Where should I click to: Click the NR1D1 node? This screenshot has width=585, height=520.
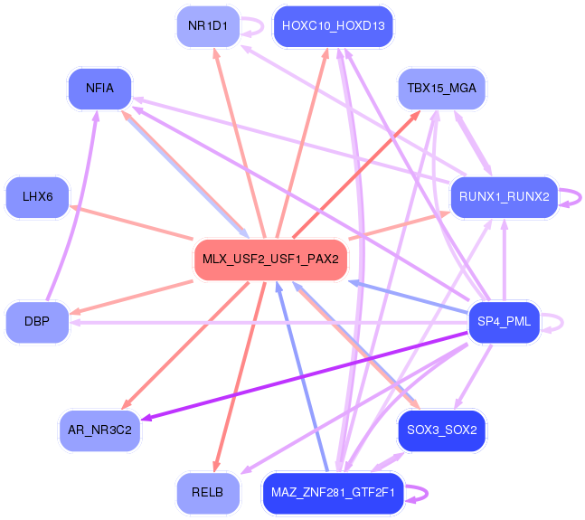(208, 25)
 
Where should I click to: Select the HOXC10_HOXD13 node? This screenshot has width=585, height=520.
(334, 25)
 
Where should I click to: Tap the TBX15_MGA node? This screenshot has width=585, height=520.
(441, 89)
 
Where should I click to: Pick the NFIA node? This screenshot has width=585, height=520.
(99, 89)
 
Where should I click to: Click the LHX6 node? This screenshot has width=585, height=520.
(37, 196)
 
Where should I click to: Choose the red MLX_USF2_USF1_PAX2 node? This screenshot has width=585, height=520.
(270, 259)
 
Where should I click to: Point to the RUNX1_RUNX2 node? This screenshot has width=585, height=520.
(504, 196)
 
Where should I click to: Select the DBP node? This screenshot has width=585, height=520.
(37, 321)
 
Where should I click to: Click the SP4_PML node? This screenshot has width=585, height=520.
(504, 321)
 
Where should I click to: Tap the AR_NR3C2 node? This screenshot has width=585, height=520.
(99, 430)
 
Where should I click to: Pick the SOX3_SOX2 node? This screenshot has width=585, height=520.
(441, 430)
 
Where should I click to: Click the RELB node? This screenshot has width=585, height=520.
(208, 492)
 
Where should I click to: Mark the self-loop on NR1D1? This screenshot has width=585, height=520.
(260, 25)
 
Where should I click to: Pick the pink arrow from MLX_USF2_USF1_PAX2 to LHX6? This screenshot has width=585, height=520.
(136, 223)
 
